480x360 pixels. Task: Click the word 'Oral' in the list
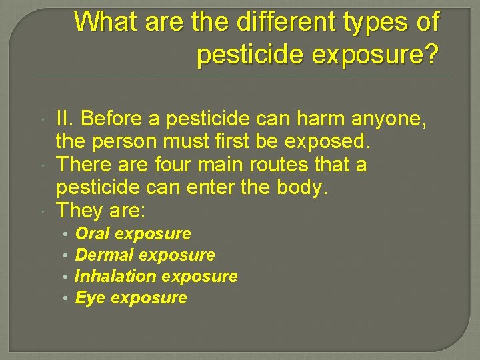[93, 234]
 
